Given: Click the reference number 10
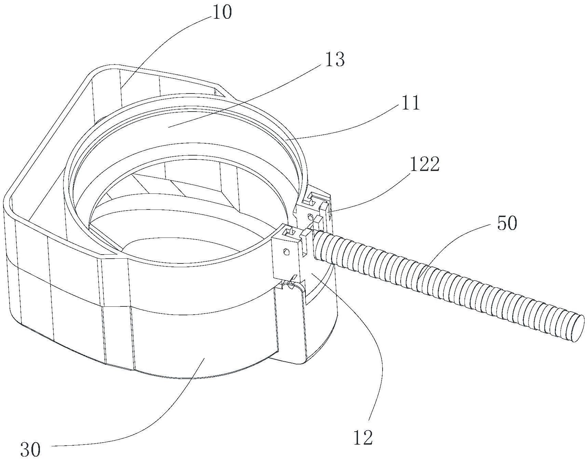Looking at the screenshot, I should [222, 13].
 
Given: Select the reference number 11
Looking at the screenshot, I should [411, 103].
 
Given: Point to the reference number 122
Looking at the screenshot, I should [425, 165].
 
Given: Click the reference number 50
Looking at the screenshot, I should [507, 224].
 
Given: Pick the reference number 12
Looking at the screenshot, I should [363, 438].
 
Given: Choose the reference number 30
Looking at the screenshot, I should [30, 449].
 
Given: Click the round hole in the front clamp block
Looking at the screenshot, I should [286, 252].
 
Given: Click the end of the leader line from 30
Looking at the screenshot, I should [204, 358].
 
